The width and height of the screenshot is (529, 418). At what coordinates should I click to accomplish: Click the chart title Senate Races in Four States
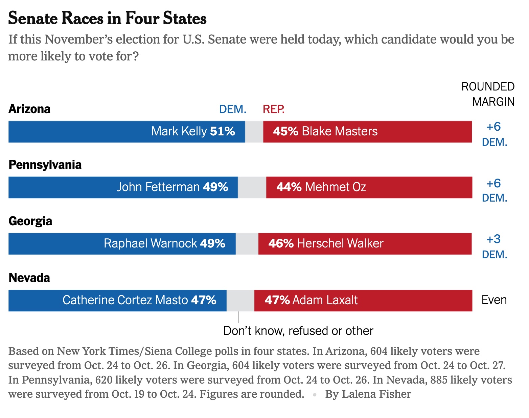pos(107,18)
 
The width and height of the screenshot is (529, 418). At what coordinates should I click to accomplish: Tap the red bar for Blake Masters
pos(423,132)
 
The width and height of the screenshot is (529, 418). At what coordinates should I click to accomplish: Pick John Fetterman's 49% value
pos(215,187)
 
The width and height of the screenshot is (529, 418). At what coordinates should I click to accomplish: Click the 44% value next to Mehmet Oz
pos(289,187)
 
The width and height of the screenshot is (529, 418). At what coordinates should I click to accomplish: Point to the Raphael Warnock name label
pos(150,243)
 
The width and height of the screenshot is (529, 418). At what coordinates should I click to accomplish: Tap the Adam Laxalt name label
pos(325,300)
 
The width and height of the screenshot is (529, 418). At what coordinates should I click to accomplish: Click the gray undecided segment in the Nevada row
pos(240,300)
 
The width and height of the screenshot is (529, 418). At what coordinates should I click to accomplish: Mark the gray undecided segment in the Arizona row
pos(254,132)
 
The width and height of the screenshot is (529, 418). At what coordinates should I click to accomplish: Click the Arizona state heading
pos(29,109)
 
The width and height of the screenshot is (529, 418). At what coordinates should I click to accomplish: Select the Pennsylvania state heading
pos(45,165)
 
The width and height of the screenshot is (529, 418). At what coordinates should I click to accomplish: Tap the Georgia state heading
pos(30,221)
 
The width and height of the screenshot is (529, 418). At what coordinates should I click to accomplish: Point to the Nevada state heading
pos(29,278)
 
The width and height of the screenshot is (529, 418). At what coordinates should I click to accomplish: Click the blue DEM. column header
pos(233,109)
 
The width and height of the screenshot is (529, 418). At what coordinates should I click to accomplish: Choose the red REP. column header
pos(274,109)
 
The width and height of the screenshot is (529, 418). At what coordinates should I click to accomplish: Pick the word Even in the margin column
pos(494,300)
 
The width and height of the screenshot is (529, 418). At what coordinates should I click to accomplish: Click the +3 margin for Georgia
pos(493,239)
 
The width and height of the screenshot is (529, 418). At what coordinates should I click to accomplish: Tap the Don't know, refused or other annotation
pos(298,331)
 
